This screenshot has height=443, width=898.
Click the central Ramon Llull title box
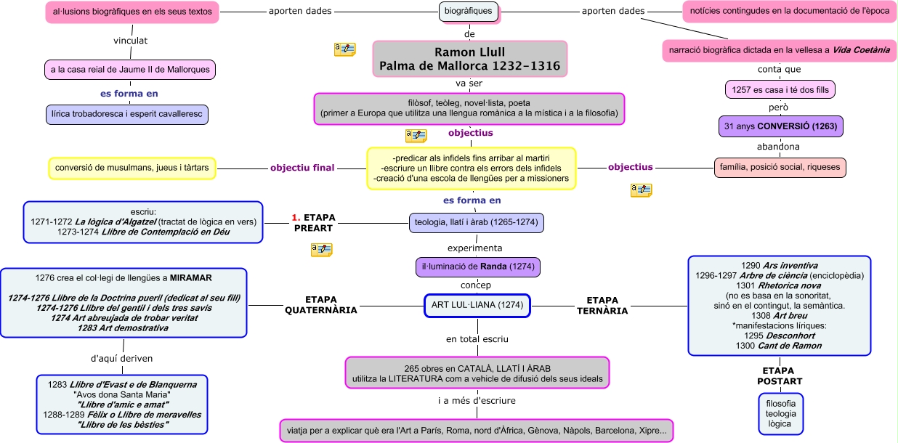469,59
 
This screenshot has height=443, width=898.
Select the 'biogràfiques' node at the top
469,12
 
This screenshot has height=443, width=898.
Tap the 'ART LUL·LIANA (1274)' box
477,305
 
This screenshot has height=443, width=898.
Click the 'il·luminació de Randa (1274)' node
478,267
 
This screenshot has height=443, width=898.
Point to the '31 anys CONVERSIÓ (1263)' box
781,126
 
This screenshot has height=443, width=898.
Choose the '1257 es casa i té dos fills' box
780,89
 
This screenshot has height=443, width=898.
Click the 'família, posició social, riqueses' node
780,167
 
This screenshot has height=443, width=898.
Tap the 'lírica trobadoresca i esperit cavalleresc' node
126,114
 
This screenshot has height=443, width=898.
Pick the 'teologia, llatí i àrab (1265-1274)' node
477,222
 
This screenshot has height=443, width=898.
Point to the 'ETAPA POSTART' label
779,375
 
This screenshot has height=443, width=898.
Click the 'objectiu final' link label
302,168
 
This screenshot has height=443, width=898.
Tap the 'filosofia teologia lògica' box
780,413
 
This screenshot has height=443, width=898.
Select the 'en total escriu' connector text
477,339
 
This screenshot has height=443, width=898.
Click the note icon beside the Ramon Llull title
344,49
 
